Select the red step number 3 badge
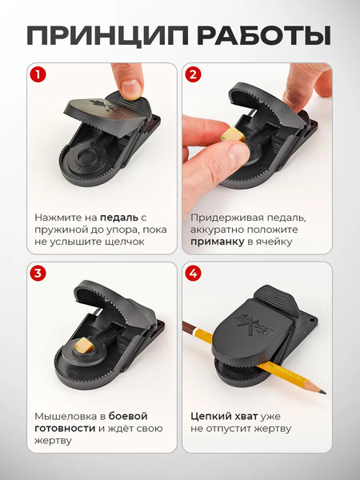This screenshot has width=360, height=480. [x=36, y=274]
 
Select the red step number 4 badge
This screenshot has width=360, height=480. [x=193, y=274]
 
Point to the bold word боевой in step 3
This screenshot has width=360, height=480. [x=128, y=416]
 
